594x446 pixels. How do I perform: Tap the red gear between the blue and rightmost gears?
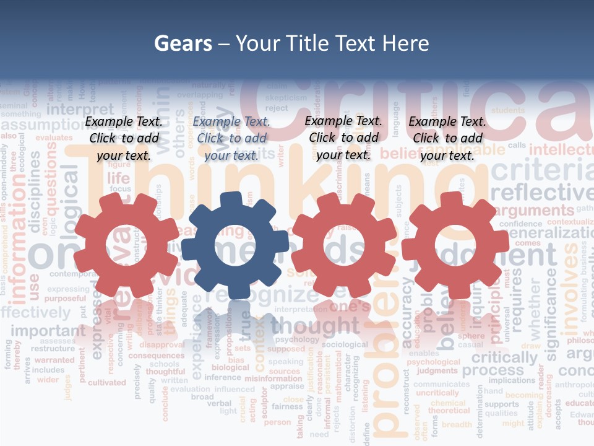(x=344, y=245)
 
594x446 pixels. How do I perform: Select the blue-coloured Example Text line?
(x=231, y=122)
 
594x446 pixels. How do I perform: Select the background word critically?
(x=504, y=358)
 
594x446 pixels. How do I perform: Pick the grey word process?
(x=493, y=371)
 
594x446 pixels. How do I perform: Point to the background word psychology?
(x=297, y=339)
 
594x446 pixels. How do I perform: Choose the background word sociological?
(x=345, y=344)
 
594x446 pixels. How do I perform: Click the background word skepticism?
(x=286, y=98)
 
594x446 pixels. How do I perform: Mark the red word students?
(x=508, y=110)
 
